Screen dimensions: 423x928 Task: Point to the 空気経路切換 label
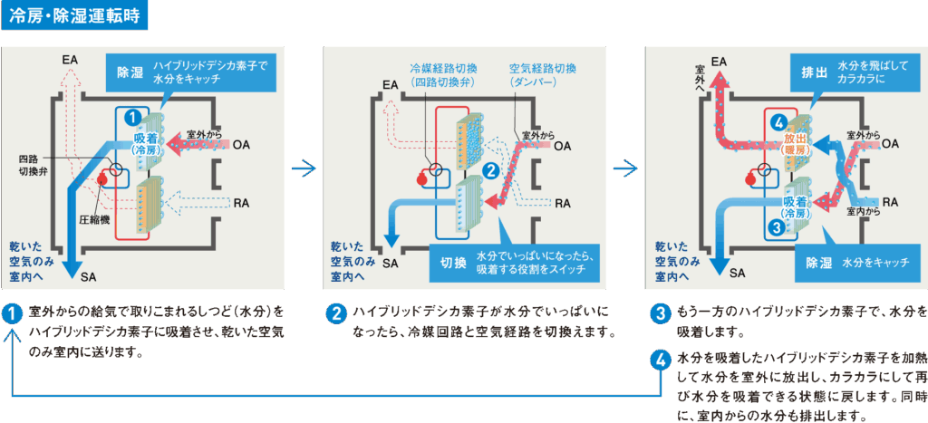[x=543, y=69]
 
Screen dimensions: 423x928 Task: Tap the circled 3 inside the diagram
[x=776, y=228]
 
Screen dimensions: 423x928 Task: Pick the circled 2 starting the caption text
[x=335, y=315]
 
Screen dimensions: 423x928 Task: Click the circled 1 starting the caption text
[x=12, y=315]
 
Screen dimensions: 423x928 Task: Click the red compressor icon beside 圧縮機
[x=101, y=181]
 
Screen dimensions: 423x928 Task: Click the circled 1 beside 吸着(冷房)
[x=132, y=118]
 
